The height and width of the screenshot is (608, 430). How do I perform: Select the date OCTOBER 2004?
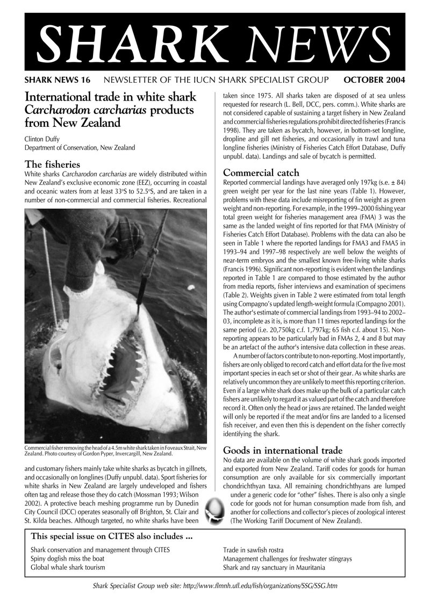tap(374, 80)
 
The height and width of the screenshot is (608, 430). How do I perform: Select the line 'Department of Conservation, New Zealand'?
tap(80, 147)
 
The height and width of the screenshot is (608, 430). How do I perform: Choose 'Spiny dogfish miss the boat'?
tap(67, 559)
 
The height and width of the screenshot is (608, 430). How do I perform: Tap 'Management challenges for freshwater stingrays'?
tap(288, 559)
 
